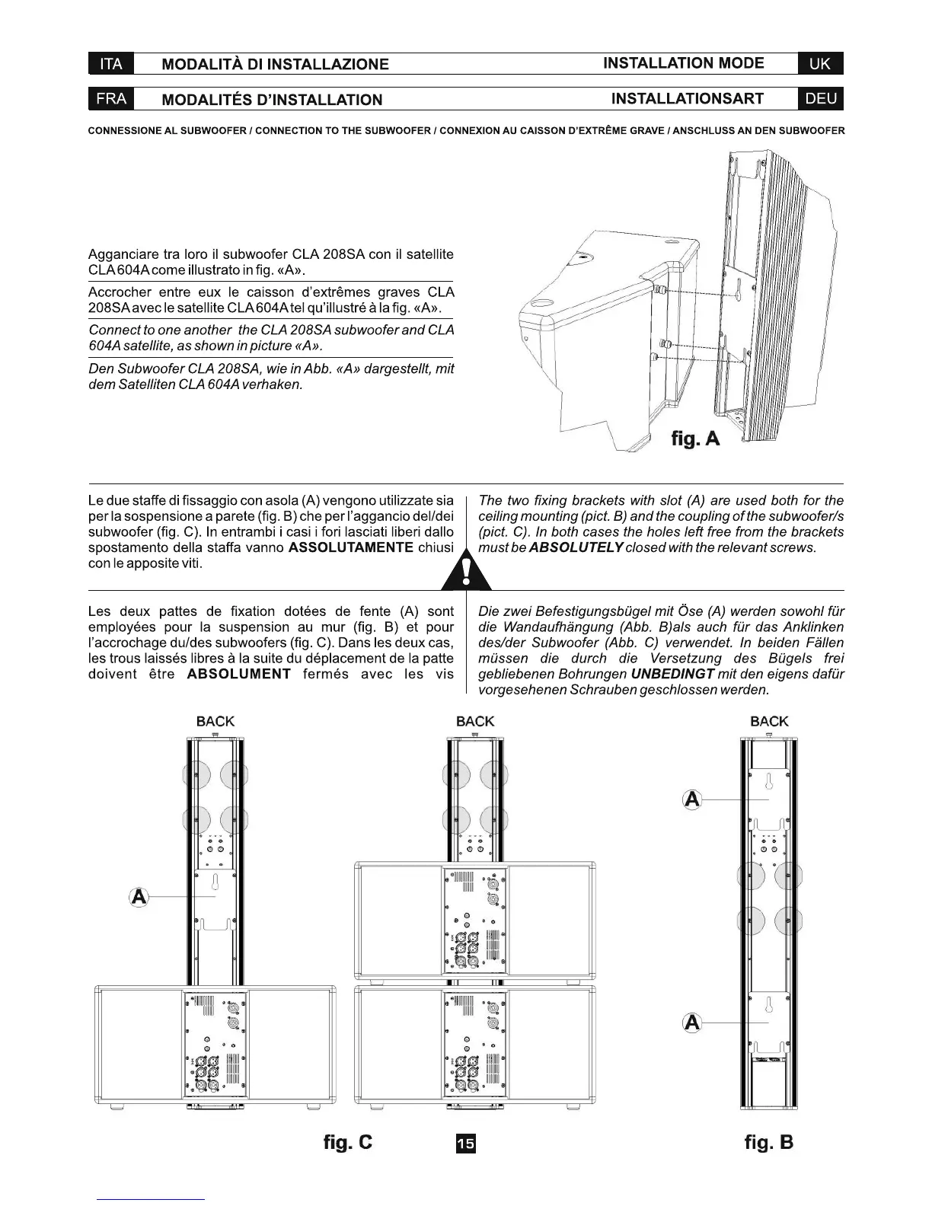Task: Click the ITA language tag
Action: pos(111,64)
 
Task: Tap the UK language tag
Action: pos(820,64)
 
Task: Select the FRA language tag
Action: pos(111,99)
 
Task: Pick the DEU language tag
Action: pos(820,99)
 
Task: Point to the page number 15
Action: pos(465,1144)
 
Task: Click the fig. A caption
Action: pos(694,439)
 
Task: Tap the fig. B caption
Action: pos(769,1142)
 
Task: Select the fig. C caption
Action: pos(348,1142)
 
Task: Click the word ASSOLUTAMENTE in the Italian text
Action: pos(352,548)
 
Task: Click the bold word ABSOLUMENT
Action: pos(239,675)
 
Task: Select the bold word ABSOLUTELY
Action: pos(576,548)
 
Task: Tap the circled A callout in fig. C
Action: pos(139,897)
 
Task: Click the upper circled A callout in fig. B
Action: pos(692,800)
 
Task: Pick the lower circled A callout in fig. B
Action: pos(692,1023)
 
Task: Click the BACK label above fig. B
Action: pos(769,721)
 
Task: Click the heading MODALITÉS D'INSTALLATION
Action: pos(273,100)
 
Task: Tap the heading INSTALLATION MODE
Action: pos(683,63)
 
